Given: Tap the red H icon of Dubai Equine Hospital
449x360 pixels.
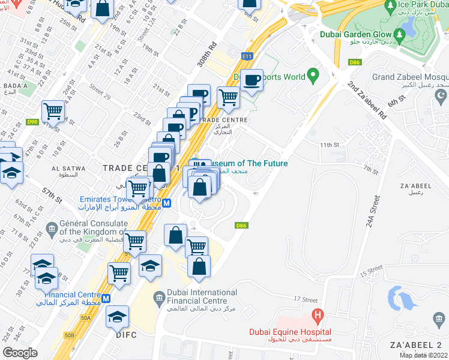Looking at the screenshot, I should pos(318,316).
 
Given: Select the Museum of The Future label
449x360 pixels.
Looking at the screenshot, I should pos(247,163).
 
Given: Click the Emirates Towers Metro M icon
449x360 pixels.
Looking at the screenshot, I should pos(167,203).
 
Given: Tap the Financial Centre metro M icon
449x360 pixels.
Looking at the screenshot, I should pos(106,298).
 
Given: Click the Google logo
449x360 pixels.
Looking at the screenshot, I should pos(20,353).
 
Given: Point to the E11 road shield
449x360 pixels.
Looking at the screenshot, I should pos(247,56).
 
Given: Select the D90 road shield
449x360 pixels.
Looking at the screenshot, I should pos(32,122).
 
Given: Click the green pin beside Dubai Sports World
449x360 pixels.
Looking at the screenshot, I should pos(312,76).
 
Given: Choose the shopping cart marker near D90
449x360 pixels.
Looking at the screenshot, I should pos(53,111).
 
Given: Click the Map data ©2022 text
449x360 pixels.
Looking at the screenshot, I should pos(423,355).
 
